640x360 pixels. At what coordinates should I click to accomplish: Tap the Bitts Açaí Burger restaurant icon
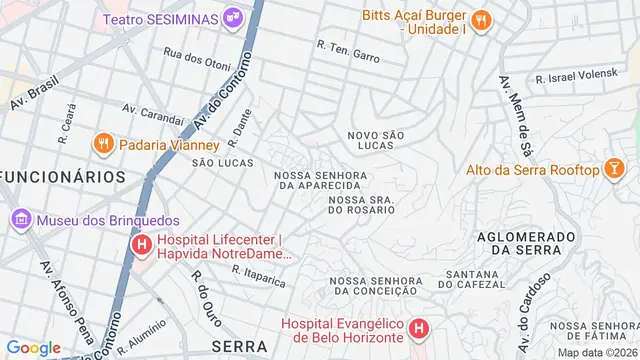coord(480,19)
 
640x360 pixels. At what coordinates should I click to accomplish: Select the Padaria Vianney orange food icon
coord(102,144)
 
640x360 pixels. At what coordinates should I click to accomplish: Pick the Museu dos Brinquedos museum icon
coord(20,219)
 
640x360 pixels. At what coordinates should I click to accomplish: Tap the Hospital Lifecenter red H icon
coord(142,244)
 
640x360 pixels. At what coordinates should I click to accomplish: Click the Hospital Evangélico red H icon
coord(418,327)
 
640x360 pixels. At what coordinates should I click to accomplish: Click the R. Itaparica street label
coord(259,276)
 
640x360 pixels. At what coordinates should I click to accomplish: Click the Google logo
coord(33,347)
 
